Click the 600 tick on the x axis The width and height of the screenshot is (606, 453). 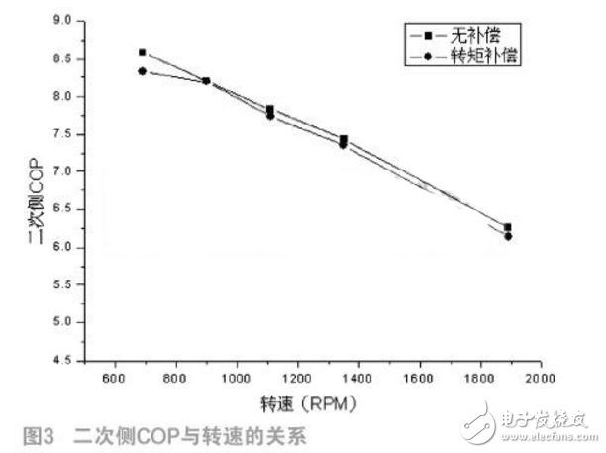113,379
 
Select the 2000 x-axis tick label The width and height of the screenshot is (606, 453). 538,379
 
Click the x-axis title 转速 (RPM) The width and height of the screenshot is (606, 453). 308,403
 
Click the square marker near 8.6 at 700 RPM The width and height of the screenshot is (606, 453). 143,52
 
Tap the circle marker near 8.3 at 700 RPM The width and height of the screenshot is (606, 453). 143,71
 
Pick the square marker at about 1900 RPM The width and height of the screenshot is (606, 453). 508,227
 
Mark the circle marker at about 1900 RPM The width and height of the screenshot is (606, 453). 508,236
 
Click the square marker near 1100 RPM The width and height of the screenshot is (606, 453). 270,109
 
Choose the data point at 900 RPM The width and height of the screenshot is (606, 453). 206,81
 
